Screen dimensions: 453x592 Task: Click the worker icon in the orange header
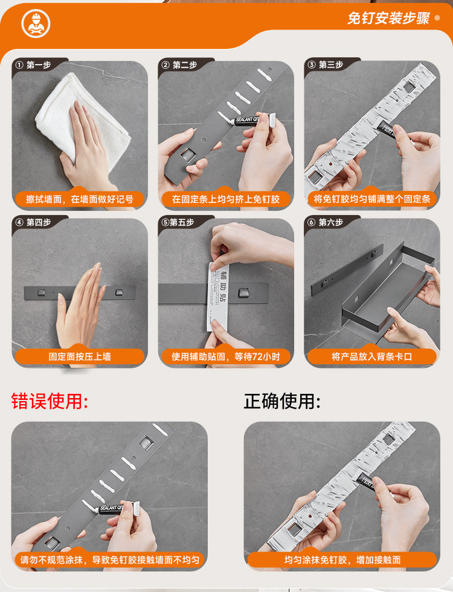[36, 24]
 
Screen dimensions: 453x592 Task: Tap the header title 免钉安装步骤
[388, 18]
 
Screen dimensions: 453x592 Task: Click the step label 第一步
[39, 65]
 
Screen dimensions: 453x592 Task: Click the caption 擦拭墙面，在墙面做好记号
[80, 199]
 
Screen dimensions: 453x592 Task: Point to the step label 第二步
[185, 65]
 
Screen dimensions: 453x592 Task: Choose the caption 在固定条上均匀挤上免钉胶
[226, 199]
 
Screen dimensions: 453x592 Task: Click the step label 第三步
[331, 65]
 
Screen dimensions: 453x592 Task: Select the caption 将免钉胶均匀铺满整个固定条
[372, 199]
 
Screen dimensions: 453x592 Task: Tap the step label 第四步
[39, 222]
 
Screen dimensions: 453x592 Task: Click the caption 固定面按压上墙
[80, 357]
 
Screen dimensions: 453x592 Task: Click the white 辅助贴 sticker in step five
[218, 297]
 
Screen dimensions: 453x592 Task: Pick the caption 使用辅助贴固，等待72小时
[226, 357]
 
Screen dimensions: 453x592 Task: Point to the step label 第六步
[331, 222]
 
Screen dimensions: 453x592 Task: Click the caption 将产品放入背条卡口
[372, 357]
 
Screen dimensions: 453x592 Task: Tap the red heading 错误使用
[50, 401]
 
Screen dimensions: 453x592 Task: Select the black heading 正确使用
[282, 401]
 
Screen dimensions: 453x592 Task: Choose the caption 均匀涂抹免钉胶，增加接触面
[342, 560]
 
